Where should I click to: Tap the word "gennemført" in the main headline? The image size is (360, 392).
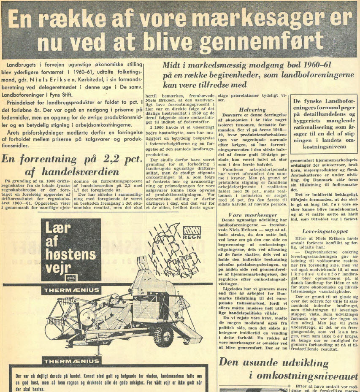pyautogui.click(x=266, y=42)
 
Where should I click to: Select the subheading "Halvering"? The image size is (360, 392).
pyautogui.click(x=252, y=110)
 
